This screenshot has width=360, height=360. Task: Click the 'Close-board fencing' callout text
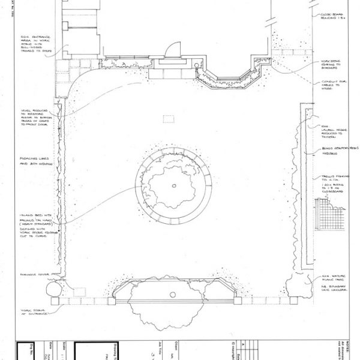tap(332, 16)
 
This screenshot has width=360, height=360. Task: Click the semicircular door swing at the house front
tap(172, 50)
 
